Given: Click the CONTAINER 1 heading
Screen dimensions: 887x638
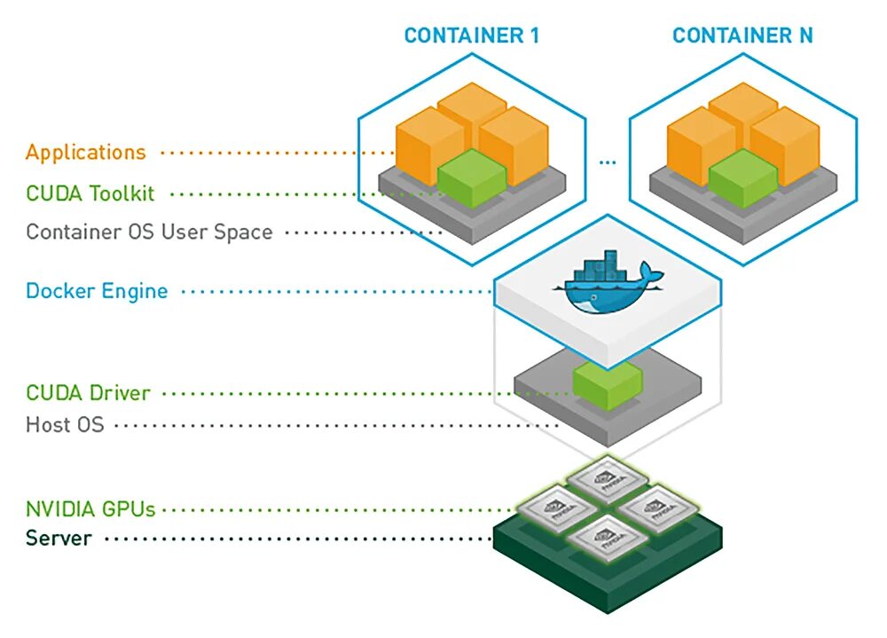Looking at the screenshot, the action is (x=472, y=35).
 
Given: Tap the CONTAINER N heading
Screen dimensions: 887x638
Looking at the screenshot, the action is (x=742, y=35).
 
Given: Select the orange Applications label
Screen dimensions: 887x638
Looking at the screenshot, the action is (x=86, y=153).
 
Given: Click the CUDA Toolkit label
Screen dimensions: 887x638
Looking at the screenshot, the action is (x=90, y=193).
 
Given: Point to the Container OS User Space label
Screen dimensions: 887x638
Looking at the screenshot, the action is (x=149, y=232).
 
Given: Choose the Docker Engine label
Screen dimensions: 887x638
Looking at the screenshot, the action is (x=97, y=291).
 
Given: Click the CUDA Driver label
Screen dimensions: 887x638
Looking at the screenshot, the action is (x=88, y=392).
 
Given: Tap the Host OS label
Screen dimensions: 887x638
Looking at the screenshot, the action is (x=65, y=424).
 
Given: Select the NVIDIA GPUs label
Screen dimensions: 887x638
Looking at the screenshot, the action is (x=90, y=509).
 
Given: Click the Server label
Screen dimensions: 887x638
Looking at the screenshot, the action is (x=59, y=538).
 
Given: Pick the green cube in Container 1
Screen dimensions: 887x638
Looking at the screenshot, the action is (x=472, y=177).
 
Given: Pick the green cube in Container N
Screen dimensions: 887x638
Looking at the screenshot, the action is (x=742, y=177).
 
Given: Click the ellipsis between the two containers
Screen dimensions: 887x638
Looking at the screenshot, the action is (x=608, y=163).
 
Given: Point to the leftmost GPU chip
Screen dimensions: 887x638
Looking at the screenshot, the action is (x=558, y=508).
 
